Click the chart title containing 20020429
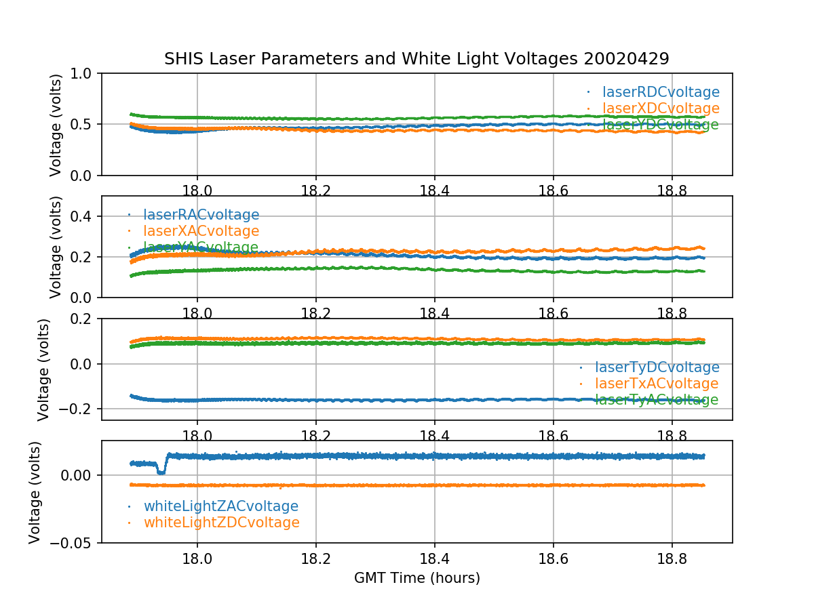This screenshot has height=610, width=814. (x=416, y=59)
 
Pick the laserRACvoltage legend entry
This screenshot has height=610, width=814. (x=201, y=215)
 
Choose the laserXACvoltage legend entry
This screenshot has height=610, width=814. (x=201, y=231)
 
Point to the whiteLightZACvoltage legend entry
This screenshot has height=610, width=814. (x=220, y=506)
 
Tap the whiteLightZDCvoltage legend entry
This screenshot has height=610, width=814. (x=221, y=523)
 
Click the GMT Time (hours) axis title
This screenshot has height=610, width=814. (x=416, y=578)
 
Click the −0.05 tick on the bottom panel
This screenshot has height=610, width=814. (x=73, y=543)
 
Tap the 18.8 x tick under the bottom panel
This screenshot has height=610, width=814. (x=672, y=558)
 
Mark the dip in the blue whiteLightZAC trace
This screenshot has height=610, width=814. (x=161, y=470)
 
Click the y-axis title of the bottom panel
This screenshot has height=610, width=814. (x=35, y=491)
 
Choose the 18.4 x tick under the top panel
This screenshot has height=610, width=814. (x=434, y=190)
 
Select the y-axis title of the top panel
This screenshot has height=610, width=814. (x=56, y=125)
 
